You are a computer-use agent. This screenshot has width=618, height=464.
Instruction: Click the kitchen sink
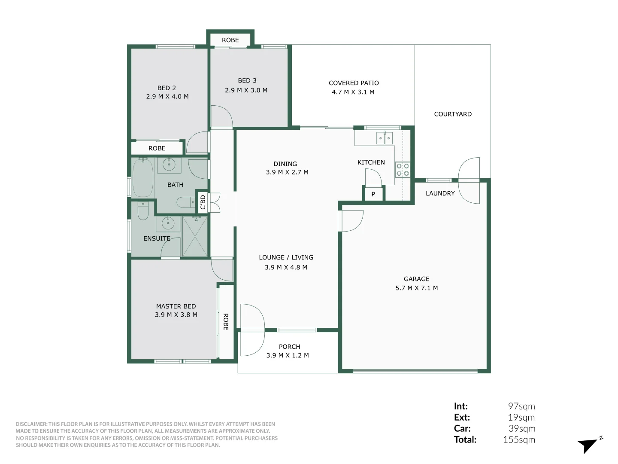coord(384,138)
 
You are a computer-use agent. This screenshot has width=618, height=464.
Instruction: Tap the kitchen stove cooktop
coord(403,170)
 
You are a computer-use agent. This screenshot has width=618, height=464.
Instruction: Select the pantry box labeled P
coord(373,194)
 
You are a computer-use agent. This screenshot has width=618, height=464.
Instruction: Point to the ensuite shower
coord(195,236)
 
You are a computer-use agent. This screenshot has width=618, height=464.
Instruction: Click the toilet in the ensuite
coord(143,211)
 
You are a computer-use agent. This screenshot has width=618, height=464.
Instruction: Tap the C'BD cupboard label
coord(203,202)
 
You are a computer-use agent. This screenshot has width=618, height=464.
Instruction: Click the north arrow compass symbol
coord(589,445)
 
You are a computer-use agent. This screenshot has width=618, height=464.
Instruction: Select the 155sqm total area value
coord(519,440)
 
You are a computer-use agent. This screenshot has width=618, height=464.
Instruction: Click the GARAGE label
coord(416,279)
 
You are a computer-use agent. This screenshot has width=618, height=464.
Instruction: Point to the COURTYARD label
coord(453,114)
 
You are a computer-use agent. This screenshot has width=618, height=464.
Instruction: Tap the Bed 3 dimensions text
coord(246,90)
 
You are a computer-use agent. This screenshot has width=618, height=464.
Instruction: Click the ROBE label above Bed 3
coord(230,40)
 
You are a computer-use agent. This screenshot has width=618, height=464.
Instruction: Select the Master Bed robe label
coord(226,322)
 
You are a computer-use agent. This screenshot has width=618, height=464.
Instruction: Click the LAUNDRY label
coord(440,193)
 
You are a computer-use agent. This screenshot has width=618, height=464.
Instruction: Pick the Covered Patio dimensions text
coord(353,92)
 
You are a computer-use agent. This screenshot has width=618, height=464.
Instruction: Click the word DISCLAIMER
coord(31,424)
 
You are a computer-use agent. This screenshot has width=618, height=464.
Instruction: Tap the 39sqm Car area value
coord(521,428)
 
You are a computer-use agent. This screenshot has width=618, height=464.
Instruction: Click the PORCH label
coord(289,346)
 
